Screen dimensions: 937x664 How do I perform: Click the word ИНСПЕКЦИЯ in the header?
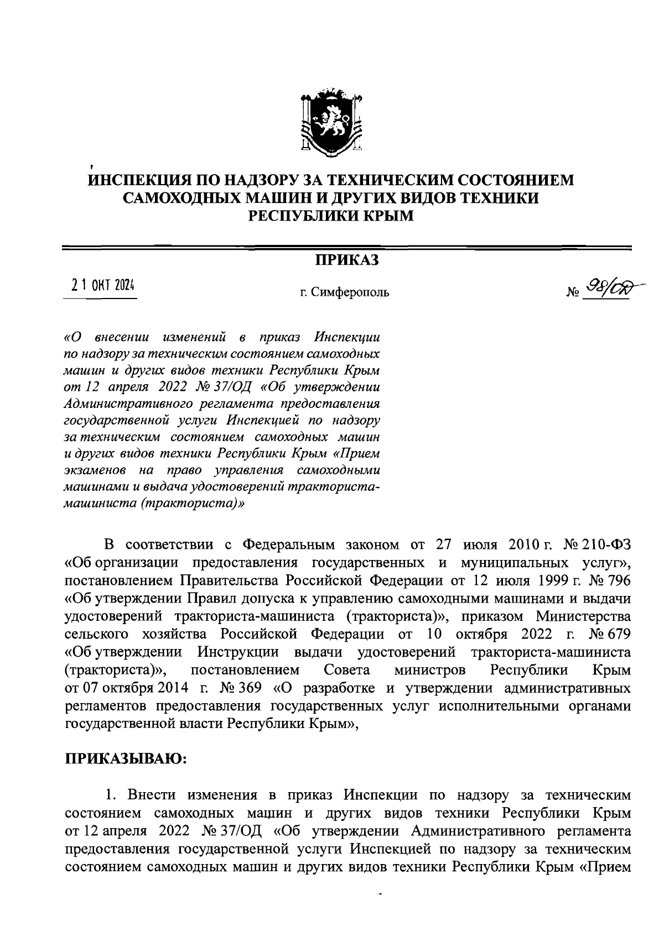pos(145,180)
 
